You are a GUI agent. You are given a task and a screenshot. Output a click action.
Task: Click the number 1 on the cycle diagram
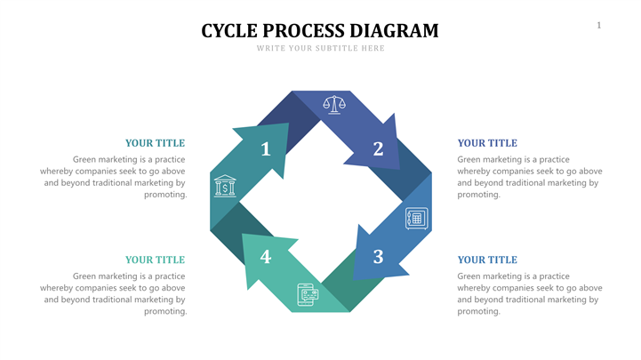point(265,149)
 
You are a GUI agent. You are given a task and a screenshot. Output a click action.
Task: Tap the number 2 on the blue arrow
point(378,149)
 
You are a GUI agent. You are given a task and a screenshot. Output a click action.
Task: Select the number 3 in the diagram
point(378,257)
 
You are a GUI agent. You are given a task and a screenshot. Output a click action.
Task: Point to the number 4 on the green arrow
point(265,257)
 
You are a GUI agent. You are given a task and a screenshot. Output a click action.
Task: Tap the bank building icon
point(225,186)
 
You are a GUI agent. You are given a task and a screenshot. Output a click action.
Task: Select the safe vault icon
point(416,219)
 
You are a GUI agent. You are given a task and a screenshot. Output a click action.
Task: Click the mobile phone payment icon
point(308,295)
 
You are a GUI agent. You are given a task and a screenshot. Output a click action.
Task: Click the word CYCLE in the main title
point(229,31)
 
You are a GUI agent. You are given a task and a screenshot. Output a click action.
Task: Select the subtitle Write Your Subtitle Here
point(320,48)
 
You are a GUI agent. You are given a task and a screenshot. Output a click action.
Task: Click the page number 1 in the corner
point(598,25)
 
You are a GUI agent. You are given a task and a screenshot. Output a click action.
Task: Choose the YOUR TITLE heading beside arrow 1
point(155,142)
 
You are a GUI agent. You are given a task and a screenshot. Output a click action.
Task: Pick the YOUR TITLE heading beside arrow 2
point(486,142)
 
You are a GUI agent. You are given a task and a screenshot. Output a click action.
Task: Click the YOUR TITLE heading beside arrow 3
point(486,260)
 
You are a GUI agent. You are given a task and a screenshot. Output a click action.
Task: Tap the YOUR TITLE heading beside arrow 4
point(155,260)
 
